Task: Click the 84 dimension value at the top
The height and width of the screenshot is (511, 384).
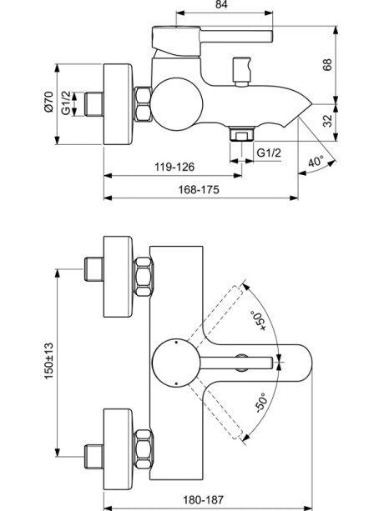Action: click(x=221, y=4)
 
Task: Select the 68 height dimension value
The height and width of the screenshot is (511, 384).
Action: click(x=327, y=64)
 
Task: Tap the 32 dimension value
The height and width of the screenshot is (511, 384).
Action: click(x=327, y=121)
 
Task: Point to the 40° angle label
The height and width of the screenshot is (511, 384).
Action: click(x=316, y=161)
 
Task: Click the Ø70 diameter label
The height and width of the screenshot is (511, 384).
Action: click(x=48, y=102)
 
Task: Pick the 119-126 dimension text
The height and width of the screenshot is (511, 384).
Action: click(x=174, y=167)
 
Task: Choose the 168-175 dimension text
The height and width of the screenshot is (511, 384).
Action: click(x=199, y=189)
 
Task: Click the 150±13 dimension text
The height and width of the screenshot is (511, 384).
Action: click(x=49, y=360)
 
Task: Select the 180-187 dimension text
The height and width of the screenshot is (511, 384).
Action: click(x=203, y=499)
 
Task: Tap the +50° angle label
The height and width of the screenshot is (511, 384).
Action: click(x=258, y=321)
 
